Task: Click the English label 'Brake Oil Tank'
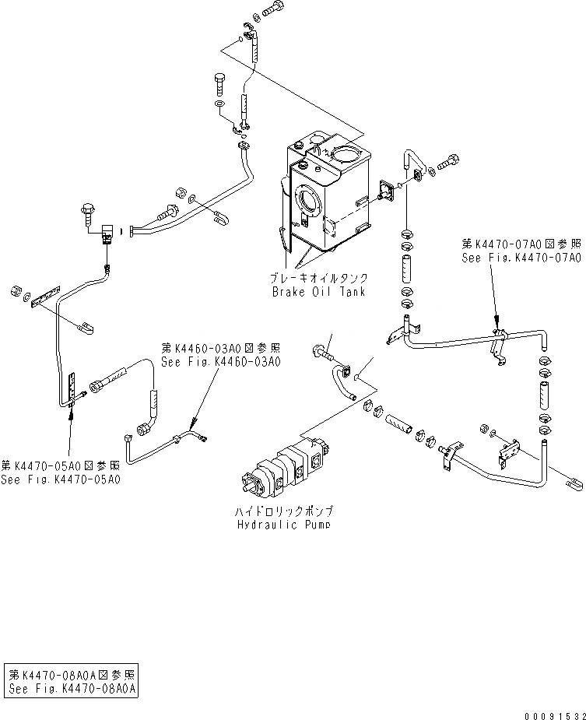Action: coord(320,292)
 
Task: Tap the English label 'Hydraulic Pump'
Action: coord(284,525)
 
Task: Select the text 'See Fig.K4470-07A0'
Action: coord(521,258)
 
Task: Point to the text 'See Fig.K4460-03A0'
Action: coord(221,361)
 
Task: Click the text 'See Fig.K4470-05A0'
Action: coord(60,479)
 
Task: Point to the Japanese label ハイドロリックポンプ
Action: coord(285,511)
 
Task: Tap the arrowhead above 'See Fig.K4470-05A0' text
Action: coord(72,413)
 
